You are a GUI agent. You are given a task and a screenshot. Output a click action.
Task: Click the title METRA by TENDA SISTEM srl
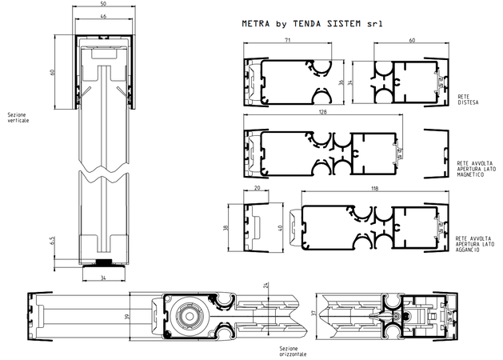click(312, 24)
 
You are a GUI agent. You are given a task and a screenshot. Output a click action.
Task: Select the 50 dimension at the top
click(103, 3)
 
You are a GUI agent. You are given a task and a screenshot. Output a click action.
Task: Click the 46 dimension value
click(103, 16)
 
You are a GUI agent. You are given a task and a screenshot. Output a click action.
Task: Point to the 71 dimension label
click(287, 40)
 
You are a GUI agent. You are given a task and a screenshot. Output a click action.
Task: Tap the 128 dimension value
click(323, 112)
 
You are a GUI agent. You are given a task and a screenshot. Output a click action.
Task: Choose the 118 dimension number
click(375, 188)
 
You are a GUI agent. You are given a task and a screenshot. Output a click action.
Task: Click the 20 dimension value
click(257, 188)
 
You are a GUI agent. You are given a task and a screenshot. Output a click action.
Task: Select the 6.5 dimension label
click(53, 240)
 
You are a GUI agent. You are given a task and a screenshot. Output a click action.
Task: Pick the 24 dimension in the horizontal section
click(265, 285)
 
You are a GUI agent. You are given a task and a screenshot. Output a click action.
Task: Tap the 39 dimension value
click(127, 316)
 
